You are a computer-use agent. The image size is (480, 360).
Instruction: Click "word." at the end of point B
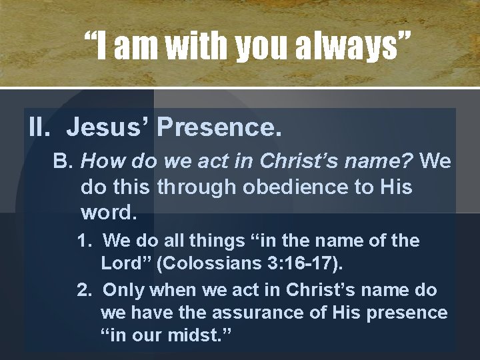tap(109, 213)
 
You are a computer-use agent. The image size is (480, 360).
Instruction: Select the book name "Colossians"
tap(203, 264)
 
